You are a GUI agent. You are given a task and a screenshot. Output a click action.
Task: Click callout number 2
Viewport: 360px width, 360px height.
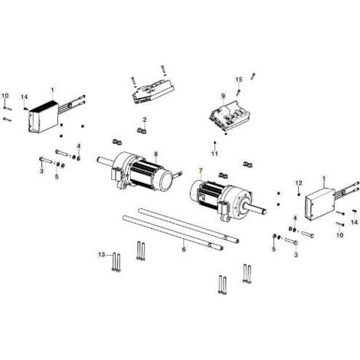(x=145, y=119)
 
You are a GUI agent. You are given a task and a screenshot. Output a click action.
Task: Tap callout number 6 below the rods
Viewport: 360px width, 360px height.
(x=184, y=249)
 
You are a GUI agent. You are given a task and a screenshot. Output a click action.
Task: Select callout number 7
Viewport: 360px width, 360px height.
(x=201, y=170)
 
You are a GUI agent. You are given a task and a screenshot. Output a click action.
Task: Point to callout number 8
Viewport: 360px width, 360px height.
(x=156, y=154)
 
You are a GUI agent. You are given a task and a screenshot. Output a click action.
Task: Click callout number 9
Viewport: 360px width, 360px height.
(x=224, y=96)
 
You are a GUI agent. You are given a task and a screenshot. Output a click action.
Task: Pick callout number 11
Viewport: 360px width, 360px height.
(x=214, y=153)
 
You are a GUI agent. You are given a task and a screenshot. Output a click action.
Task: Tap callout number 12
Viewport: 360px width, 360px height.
(x=299, y=183)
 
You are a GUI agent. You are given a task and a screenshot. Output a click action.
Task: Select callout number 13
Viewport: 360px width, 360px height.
(x=102, y=254)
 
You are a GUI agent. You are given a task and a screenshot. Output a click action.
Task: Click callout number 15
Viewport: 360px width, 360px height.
(x=239, y=80)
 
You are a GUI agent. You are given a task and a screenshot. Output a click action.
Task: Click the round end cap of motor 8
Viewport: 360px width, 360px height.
(x=166, y=178)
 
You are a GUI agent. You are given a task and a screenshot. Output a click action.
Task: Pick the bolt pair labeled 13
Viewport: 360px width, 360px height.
(x=116, y=262)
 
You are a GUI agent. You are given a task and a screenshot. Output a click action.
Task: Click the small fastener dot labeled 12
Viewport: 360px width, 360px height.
(x=299, y=195)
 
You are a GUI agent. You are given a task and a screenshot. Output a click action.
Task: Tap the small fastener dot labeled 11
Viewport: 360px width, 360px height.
(x=214, y=142)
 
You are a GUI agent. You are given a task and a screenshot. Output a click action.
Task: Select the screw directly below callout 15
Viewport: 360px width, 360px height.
(x=239, y=92)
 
